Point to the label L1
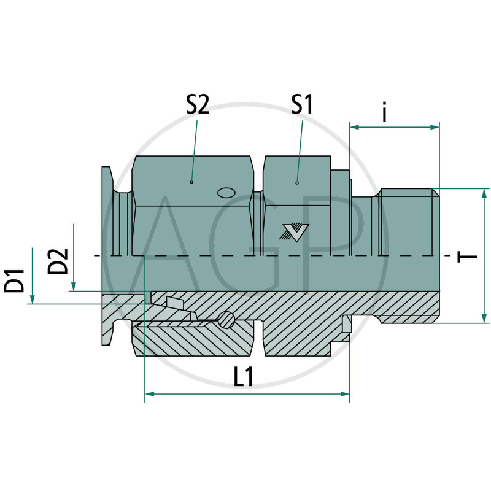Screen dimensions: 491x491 tap(244, 377)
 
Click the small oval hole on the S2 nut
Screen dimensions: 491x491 tap(227, 192)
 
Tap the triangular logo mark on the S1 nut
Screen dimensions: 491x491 tap(293, 231)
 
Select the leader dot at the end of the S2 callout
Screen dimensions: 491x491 tap(192, 182)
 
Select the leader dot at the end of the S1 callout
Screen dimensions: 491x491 tap(297, 182)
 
